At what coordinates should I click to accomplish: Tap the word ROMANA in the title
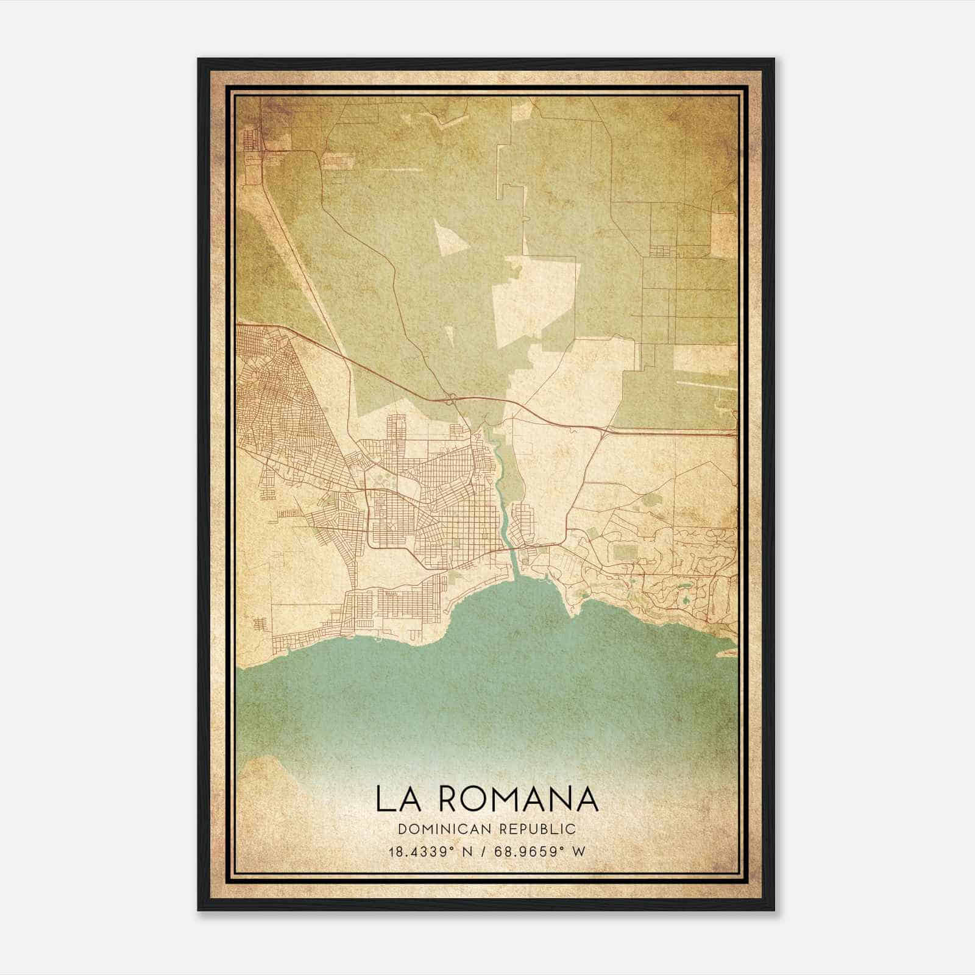[x=516, y=799]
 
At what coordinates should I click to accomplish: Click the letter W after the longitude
[x=579, y=852]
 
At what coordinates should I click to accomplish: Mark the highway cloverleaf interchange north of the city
[x=452, y=399]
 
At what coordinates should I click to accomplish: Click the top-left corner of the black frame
[x=199, y=59]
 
